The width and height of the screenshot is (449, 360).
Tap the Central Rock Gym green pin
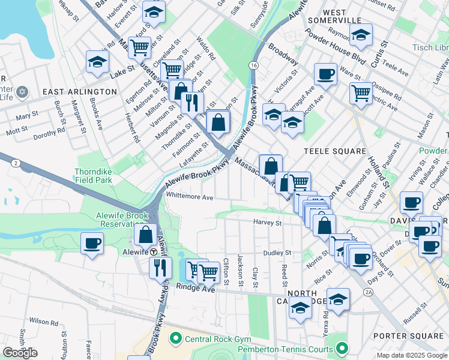pyautogui.click(x=175, y=339)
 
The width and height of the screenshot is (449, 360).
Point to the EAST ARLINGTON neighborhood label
pyautogui.click(x=80, y=91)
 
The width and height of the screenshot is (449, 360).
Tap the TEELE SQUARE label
pyautogui.click(x=335, y=151)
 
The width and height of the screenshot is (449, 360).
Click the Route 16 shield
pyautogui.click(x=255, y=64)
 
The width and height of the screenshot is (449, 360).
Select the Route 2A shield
pyautogui.click(x=368, y=292)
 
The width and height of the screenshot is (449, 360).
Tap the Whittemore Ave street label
pyautogui.click(x=190, y=197)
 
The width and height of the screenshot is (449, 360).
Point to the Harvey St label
pyautogui.click(x=267, y=223)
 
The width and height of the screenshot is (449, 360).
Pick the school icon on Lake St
pyautogui.click(x=97, y=62)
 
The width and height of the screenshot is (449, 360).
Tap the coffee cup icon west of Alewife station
pyautogui.click(x=92, y=244)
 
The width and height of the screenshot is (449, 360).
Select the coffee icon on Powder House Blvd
pyautogui.click(x=325, y=74)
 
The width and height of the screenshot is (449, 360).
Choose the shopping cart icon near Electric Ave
pyautogui.click(x=361, y=92)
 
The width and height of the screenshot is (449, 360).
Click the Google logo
pyautogui.click(x=20, y=353)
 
